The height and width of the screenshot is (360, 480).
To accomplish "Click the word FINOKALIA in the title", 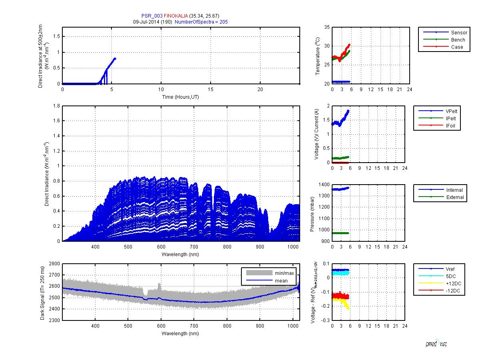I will [x=176, y=16].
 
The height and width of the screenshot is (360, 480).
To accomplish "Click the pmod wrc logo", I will [x=436, y=344].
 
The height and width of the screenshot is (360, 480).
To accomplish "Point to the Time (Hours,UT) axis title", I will [x=181, y=97].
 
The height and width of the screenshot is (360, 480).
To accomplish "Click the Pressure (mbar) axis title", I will [x=313, y=214].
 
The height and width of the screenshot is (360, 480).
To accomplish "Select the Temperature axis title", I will [x=318, y=56].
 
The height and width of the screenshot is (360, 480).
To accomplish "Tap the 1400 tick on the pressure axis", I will [x=324, y=185].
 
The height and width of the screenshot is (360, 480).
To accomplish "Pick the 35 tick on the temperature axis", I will [x=327, y=27].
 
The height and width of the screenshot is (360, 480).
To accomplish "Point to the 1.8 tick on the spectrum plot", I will [x=56, y=106].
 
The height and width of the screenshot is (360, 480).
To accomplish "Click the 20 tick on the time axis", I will [x=260, y=90].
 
